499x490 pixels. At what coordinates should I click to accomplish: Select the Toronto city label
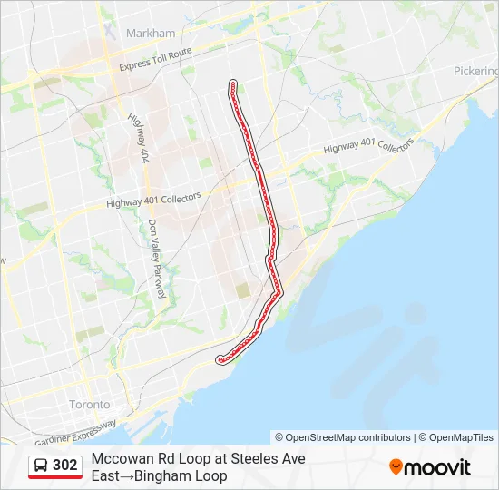coord(90,404)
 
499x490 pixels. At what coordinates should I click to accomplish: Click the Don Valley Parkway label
coord(158,258)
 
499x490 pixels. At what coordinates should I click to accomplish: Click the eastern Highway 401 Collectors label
coord(368,146)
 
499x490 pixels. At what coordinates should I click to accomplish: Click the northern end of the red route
coord(233,83)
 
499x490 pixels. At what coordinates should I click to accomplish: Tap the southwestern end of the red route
coord(220,360)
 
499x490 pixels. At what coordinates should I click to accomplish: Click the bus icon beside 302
coord(41,465)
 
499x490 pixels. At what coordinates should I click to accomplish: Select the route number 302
coord(65,465)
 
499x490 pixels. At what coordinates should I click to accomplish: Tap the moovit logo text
coord(437,467)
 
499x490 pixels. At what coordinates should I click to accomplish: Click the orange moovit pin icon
coord(396,467)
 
